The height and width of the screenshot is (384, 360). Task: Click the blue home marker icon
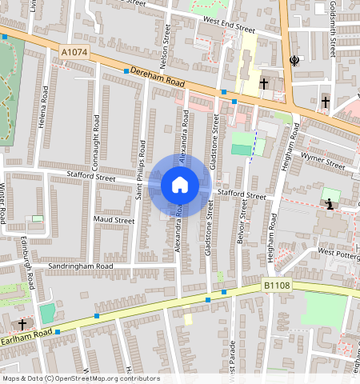pos(180,186)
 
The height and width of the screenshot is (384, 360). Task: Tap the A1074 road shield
pos(74,53)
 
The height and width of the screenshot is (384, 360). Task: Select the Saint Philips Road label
pos(141,170)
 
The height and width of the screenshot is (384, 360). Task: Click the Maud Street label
pos(114,219)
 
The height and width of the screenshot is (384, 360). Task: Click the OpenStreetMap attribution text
pos(80,378)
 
